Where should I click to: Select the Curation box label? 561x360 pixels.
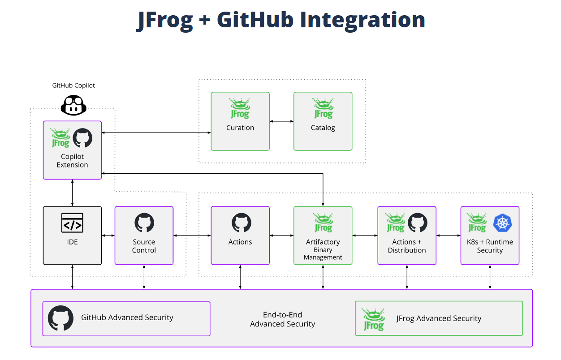[x=240, y=128]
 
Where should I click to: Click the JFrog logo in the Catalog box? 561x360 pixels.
[x=323, y=108]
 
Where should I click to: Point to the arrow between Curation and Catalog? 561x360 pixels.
[x=281, y=121]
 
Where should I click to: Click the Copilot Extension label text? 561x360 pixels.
[x=73, y=161]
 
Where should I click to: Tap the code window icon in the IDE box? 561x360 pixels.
[x=73, y=223]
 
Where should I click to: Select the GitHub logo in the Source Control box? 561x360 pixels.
[x=144, y=223]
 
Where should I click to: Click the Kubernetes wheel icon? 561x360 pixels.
[x=502, y=223]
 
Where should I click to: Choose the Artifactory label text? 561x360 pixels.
[x=323, y=242]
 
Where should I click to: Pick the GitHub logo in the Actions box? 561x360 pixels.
[x=241, y=223]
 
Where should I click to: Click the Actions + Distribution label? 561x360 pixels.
[x=407, y=246]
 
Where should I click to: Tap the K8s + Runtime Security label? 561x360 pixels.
[x=490, y=246]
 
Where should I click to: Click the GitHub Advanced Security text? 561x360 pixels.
[x=127, y=317]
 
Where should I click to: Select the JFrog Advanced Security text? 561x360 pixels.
[x=439, y=318]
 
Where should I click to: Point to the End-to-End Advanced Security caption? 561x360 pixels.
[x=282, y=319]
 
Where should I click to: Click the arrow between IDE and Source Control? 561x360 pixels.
[x=108, y=236]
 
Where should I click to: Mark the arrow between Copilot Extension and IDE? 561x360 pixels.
[x=73, y=193]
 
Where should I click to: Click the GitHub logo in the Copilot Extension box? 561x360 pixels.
[x=82, y=138]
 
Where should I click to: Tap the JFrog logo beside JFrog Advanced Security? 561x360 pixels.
[x=373, y=319]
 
